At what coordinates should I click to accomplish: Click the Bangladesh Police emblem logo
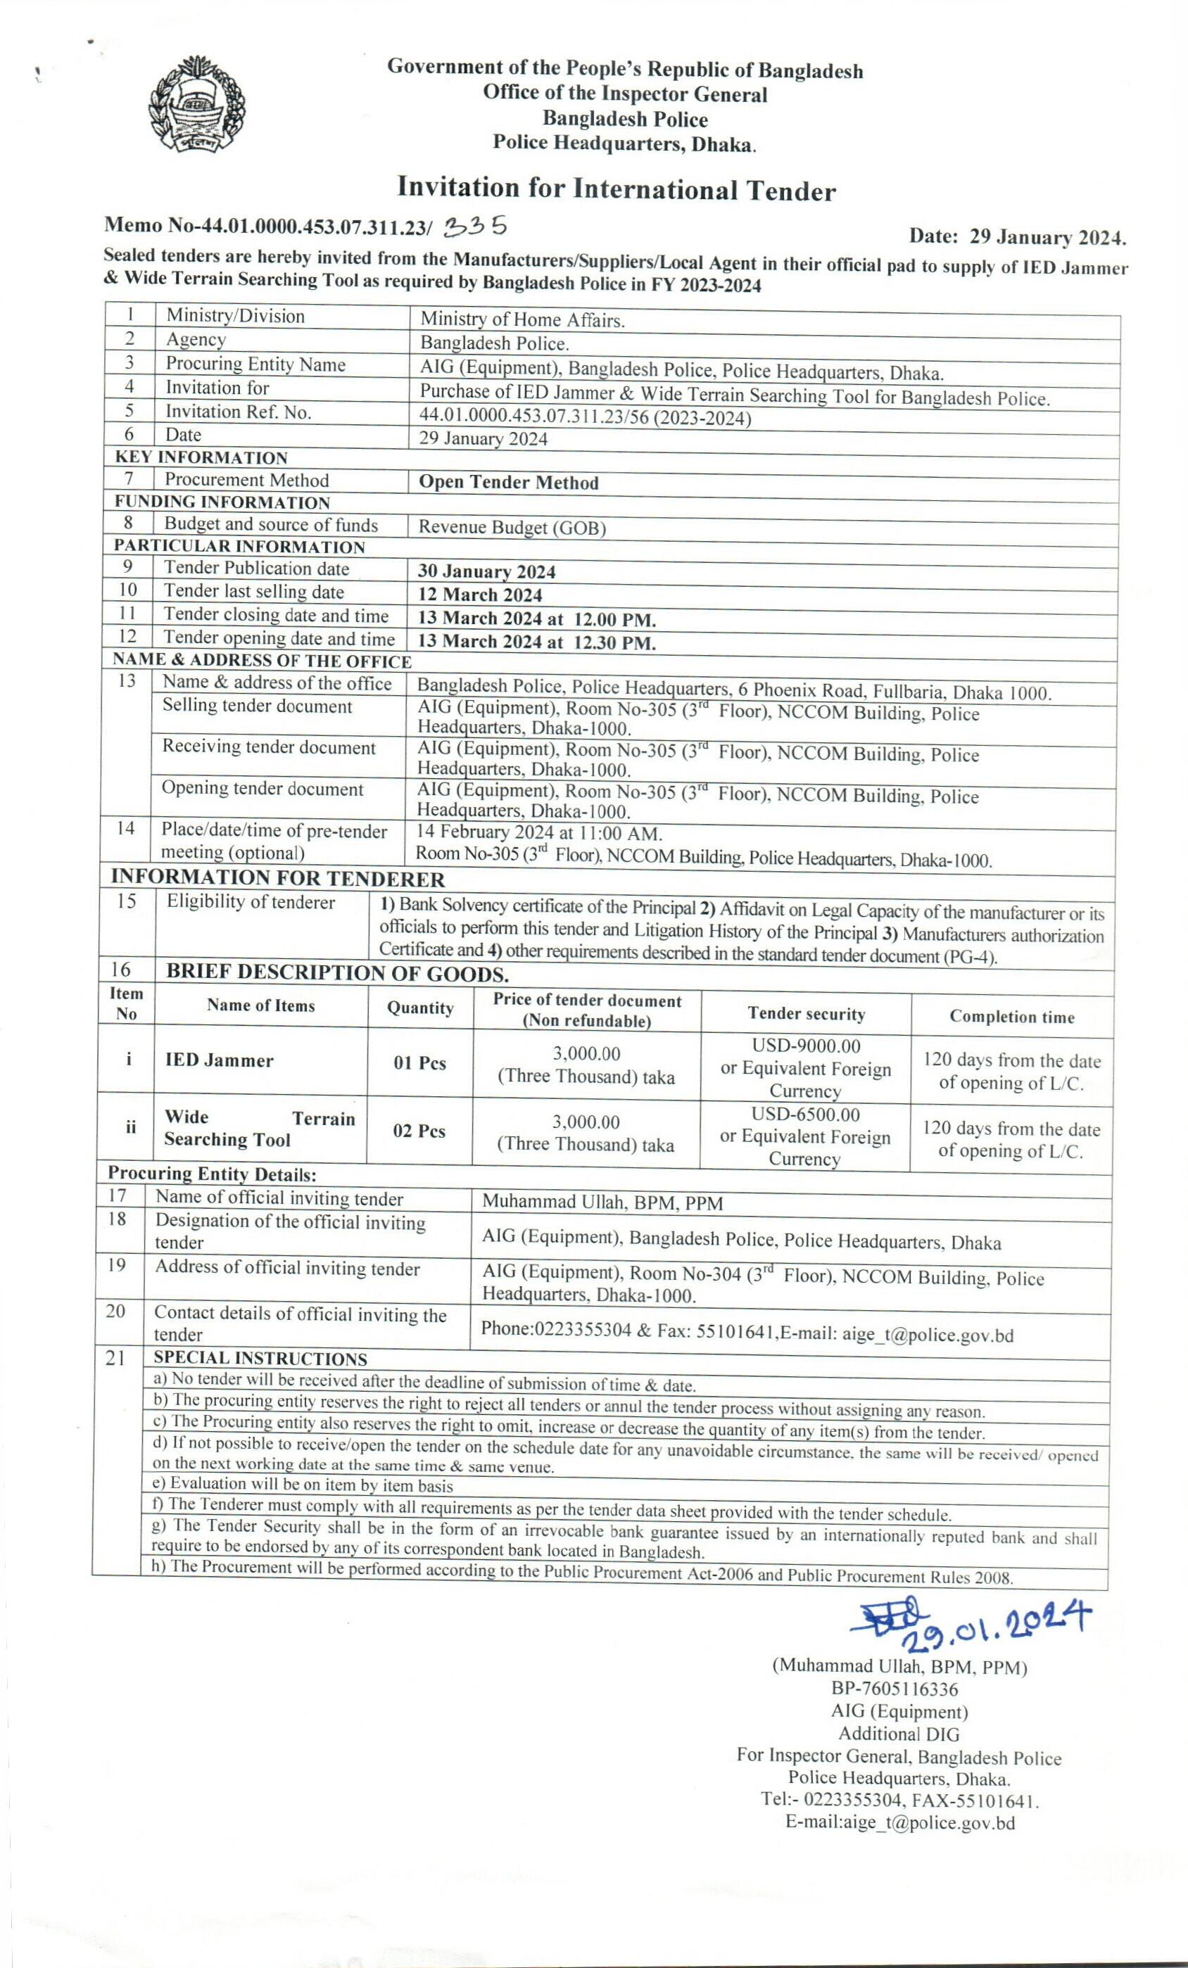click(x=197, y=106)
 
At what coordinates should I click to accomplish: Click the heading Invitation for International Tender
click(x=616, y=189)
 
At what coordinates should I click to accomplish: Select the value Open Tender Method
click(x=508, y=483)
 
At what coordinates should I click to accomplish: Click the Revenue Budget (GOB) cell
click(x=512, y=528)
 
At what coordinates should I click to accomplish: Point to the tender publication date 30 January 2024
click(x=486, y=572)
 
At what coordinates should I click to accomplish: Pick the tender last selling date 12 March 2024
click(x=479, y=595)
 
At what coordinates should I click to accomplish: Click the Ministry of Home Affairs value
click(x=522, y=320)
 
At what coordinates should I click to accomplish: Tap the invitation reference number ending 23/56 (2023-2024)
click(x=585, y=418)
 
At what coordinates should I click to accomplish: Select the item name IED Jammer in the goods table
click(x=219, y=1060)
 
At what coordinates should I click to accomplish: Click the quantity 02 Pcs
click(x=419, y=1131)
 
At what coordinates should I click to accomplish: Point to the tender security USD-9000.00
click(x=806, y=1046)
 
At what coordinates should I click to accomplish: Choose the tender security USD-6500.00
click(x=805, y=1115)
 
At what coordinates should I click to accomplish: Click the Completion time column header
click(x=1011, y=1017)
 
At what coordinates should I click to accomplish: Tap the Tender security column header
click(x=806, y=1014)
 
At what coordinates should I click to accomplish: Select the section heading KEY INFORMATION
click(x=201, y=457)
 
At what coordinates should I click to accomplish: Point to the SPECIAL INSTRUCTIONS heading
click(x=260, y=1359)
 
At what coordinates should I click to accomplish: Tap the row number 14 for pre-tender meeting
click(x=125, y=828)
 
